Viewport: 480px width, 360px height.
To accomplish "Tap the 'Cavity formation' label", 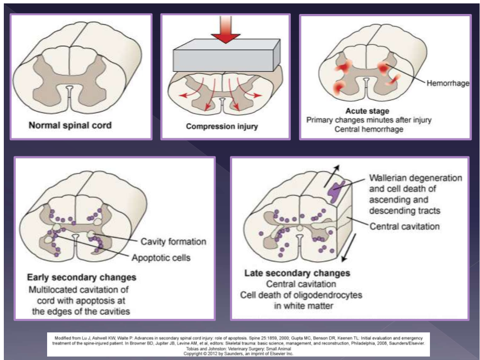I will (x=174, y=242).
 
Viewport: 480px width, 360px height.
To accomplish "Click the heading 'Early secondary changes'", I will (x=82, y=277).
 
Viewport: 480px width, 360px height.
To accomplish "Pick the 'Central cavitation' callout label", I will (x=405, y=226).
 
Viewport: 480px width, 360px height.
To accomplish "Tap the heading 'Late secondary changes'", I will (x=297, y=273).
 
